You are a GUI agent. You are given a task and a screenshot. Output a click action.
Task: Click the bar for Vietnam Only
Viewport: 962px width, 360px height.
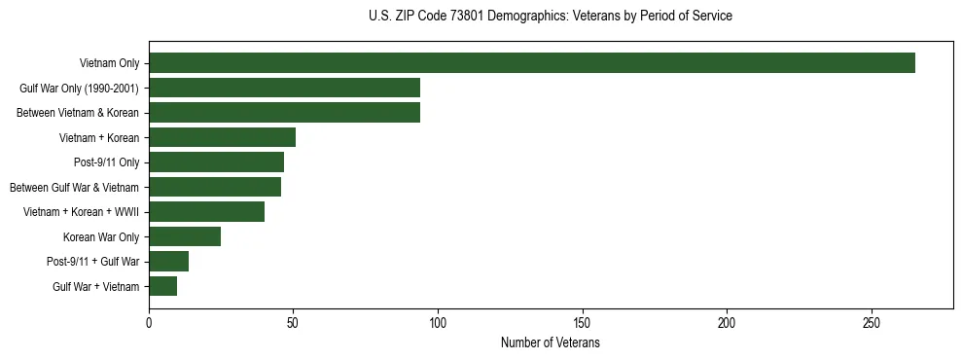tap(531, 63)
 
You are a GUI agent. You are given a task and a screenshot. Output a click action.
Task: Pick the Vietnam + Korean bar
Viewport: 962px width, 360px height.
tap(222, 137)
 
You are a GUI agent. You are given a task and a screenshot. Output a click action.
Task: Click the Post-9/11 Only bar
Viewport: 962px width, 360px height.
tap(216, 162)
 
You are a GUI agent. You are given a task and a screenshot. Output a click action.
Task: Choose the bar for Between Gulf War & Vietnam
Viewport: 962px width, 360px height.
tap(215, 187)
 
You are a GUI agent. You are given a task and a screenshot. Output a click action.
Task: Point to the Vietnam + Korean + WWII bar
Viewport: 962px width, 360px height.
tap(206, 212)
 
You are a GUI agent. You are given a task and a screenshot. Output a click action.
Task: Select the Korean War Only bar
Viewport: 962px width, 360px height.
tap(185, 236)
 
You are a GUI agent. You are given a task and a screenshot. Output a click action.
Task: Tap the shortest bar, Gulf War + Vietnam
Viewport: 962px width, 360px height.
tap(162, 286)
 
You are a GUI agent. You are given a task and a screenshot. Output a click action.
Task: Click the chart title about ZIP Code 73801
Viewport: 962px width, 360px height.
tap(551, 17)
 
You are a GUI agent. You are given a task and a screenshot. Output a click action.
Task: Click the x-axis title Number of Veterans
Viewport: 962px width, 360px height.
tap(551, 343)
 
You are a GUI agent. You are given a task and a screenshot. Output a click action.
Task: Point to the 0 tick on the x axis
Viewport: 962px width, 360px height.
tap(149, 322)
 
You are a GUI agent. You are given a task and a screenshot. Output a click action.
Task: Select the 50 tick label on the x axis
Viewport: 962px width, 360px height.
tap(294, 322)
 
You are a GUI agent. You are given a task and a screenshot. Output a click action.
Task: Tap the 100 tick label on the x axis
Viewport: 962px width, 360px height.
tap(438, 322)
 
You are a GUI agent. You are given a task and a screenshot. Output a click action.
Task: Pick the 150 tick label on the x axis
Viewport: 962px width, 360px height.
tap(583, 322)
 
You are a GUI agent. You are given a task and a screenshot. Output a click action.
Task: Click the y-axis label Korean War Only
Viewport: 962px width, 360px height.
tap(101, 237)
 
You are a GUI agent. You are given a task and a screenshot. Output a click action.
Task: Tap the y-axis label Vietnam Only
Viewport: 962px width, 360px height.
tap(109, 64)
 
